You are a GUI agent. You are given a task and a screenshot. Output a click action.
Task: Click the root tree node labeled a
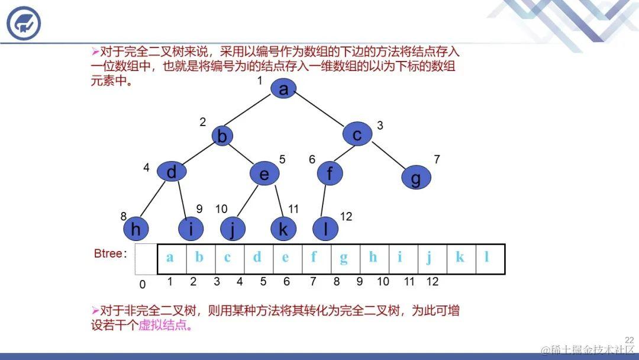[283, 89]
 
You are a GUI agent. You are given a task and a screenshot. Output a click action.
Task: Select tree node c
[357, 134]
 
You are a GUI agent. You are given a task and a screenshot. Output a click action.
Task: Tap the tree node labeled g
[416, 178]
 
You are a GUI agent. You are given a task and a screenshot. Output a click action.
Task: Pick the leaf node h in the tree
[135, 228]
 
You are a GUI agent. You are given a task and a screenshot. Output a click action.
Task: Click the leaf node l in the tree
[325, 229]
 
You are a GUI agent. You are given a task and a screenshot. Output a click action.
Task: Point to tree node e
[264, 174]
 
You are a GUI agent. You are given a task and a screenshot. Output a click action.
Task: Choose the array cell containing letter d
[257, 258]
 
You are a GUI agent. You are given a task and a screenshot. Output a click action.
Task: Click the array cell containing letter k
[460, 258]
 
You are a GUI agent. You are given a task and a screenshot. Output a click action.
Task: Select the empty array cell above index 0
[146, 259]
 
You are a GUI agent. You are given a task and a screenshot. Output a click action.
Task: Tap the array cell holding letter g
[344, 258]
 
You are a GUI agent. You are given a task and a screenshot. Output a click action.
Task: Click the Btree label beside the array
[110, 254]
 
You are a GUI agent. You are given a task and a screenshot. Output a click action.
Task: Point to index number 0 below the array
[142, 285]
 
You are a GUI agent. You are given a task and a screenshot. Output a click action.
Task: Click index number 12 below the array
[433, 282]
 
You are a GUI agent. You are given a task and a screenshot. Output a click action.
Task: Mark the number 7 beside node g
[437, 159]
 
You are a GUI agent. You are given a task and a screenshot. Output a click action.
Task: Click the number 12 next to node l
[346, 217]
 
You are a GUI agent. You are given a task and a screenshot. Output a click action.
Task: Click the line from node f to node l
[324, 201]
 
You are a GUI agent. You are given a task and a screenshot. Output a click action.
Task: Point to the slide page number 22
[629, 340]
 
